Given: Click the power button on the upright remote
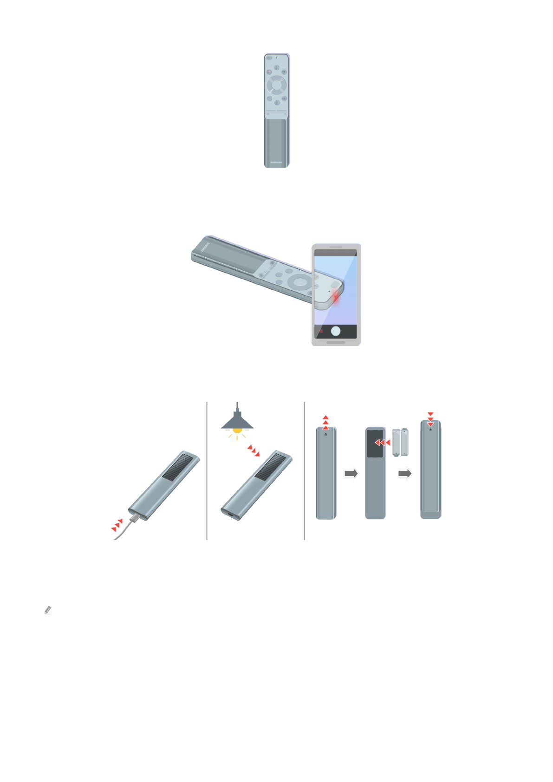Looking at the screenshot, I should click(269, 59).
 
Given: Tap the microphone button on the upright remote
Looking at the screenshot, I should click(276, 68).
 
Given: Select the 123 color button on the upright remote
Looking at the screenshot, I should click(269, 72).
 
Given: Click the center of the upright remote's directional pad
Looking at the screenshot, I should click(276, 85).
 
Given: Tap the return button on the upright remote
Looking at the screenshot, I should click(269, 98).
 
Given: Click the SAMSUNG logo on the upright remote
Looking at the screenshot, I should click(276, 163).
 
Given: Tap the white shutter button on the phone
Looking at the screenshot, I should click(335, 331).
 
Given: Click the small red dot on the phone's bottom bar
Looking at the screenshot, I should click(321, 331).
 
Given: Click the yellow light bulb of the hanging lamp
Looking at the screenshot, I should click(237, 430).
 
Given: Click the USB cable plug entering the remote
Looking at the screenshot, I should click(134, 517).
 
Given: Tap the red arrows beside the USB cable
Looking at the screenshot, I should click(117, 525).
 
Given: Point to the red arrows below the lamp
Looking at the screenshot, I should click(254, 450).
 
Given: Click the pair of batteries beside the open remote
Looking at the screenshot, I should click(400, 442).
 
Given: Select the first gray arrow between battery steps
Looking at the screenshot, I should click(351, 473).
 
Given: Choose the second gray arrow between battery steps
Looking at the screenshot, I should click(405, 473).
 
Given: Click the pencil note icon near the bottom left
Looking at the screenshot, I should click(47, 610).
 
